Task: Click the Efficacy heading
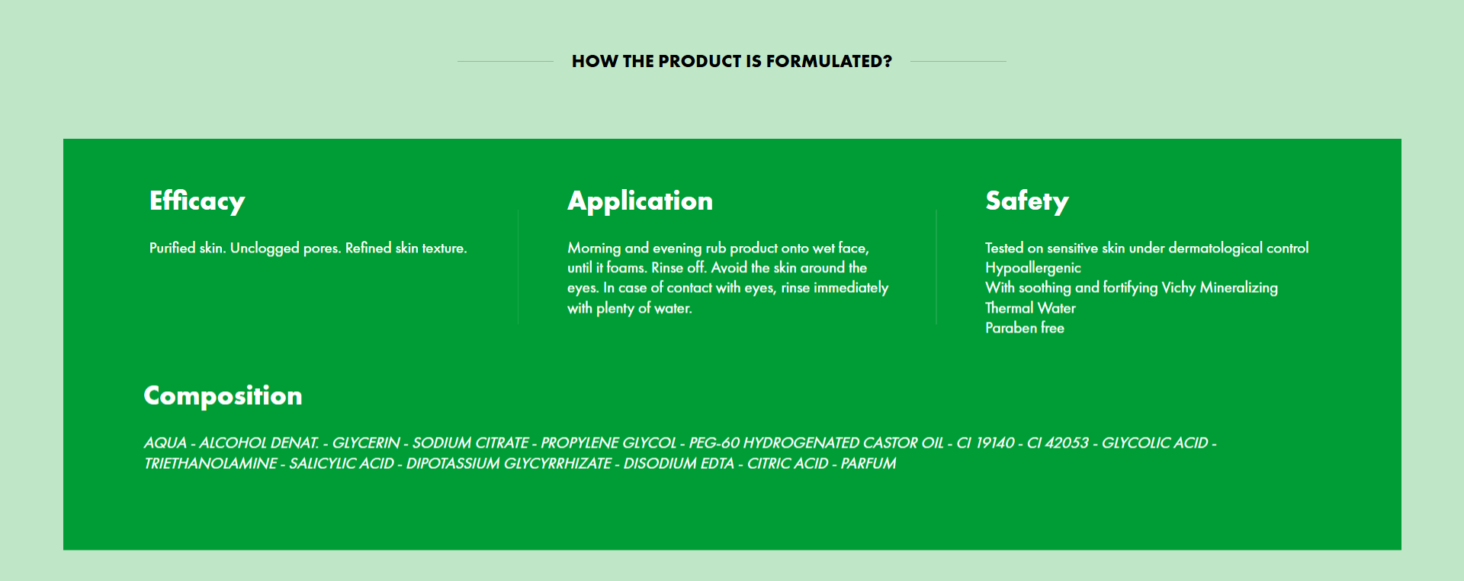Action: (x=197, y=201)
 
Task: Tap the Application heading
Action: (x=640, y=201)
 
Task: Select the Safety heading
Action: (x=1026, y=201)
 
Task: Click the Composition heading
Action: (x=223, y=396)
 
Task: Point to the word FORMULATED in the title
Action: (x=829, y=61)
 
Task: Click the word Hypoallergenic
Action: (x=1032, y=268)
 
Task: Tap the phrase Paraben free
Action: (x=1024, y=328)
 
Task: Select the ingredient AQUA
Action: (x=165, y=443)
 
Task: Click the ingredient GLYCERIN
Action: (x=365, y=443)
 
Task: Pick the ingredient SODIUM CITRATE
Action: (x=470, y=443)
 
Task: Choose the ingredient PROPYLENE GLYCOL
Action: (x=608, y=443)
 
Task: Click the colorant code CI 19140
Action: (x=985, y=443)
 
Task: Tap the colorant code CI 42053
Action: (x=1058, y=443)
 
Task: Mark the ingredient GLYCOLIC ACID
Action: (x=1154, y=443)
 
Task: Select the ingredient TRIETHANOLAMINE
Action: (x=210, y=464)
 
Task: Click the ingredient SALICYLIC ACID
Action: (x=341, y=464)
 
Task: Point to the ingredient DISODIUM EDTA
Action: (x=678, y=464)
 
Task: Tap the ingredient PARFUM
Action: (x=868, y=464)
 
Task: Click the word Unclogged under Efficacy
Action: (x=265, y=249)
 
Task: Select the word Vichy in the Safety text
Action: (x=1178, y=288)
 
